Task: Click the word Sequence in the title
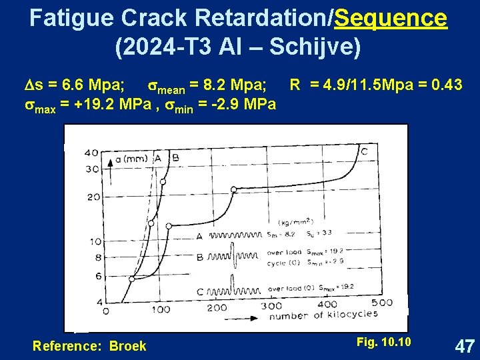coord(391,18)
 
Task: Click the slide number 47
coord(463,346)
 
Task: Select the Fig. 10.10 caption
coord(385,343)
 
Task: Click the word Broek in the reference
coord(128,345)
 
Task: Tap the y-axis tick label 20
coord(93,197)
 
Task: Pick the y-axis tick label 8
coord(97,257)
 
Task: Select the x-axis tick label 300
coord(271,305)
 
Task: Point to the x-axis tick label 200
coord(217,307)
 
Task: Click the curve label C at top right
coord(364,152)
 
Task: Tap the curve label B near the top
coord(176,159)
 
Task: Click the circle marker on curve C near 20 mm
coord(233,190)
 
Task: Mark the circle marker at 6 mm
coord(131,279)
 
